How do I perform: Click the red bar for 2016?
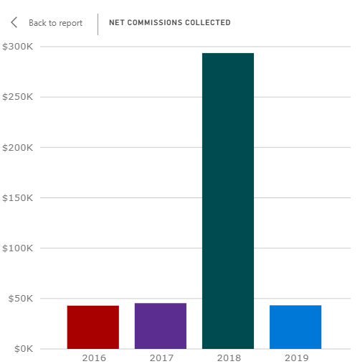(93, 327)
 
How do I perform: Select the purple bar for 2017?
(161, 326)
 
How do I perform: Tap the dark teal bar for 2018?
(228, 201)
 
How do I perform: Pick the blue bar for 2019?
(295, 327)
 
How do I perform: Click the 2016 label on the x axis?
(94, 358)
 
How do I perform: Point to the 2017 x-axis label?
(161, 358)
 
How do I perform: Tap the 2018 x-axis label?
(229, 358)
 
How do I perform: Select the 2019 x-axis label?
(296, 358)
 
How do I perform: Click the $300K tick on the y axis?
(17, 47)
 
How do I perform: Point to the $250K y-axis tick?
(17, 97)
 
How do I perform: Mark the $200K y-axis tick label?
(17, 147)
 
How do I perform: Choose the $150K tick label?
(17, 198)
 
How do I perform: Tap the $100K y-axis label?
(17, 248)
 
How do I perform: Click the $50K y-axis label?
(21, 299)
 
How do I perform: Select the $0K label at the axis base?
(24, 349)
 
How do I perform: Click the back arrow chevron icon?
(14, 22)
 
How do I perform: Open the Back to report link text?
(55, 23)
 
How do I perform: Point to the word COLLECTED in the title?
(208, 22)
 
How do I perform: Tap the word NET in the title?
(117, 22)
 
